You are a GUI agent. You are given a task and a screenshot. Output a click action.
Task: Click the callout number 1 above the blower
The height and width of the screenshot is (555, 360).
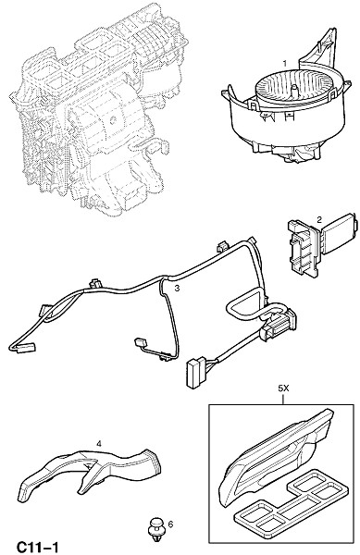point(284,64)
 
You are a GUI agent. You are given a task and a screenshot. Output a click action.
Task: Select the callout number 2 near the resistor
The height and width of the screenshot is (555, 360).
point(319,220)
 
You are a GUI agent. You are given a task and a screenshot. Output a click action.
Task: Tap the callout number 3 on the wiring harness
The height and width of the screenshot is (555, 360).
point(177,288)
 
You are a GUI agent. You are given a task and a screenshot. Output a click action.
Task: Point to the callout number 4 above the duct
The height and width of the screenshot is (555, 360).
point(99,443)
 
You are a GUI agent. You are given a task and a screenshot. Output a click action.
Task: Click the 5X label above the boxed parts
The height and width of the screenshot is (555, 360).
point(283,388)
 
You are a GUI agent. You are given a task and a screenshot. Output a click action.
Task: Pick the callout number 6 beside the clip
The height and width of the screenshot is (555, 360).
point(170,524)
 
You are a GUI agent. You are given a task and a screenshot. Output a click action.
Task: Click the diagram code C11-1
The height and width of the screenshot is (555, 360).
point(37,547)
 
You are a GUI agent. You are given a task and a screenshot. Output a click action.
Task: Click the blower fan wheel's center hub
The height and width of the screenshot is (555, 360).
point(293,90)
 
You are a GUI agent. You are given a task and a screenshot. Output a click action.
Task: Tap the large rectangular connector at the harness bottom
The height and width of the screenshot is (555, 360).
point(194,373)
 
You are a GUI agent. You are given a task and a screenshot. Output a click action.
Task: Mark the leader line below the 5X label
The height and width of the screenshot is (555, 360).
point(283,399)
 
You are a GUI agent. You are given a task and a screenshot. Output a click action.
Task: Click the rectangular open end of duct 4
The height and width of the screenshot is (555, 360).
point(155,462)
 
